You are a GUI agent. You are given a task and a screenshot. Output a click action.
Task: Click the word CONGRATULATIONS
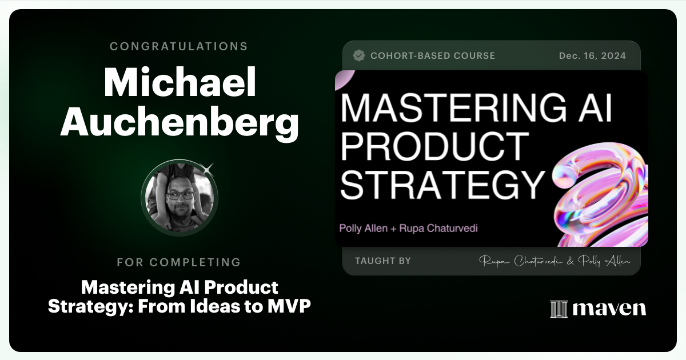(179, 46)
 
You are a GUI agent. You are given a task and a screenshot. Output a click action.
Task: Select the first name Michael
(179, 83)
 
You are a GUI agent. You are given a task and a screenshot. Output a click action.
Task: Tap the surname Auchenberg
(179, 122)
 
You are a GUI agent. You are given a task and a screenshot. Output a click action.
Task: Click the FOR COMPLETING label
(179, 262)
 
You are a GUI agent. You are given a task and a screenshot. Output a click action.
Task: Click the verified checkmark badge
(359, 55)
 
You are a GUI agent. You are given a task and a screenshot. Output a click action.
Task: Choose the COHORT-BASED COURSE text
(433, 55)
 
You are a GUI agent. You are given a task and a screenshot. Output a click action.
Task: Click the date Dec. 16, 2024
(592, 55)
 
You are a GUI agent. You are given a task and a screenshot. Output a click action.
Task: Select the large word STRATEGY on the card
(443, 183)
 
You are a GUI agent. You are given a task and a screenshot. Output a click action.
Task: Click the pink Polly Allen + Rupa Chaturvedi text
(408, 228)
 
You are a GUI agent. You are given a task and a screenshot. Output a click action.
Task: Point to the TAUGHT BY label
(382, 261)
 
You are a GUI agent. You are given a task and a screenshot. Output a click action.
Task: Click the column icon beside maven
(558, 309)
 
